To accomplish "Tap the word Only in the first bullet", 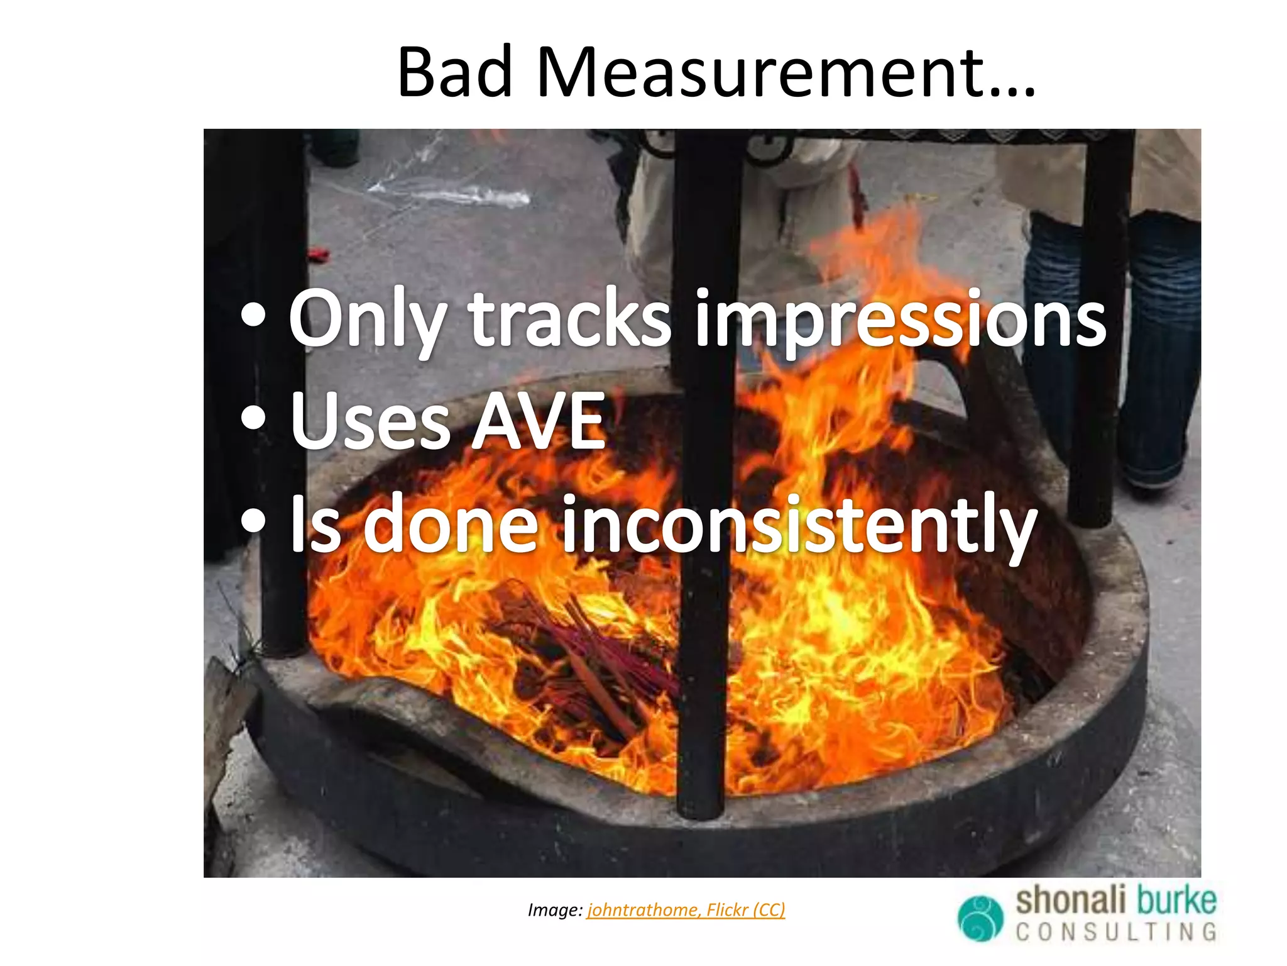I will [367, 319].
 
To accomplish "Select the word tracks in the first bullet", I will [569, 319].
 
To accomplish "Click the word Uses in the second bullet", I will [371, 420].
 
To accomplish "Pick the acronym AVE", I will [539, 420].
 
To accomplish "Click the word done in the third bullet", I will [450, 523].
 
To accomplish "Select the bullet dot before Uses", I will [253, 418].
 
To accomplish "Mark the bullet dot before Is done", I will [253, 521].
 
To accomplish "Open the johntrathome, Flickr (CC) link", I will [686, 910].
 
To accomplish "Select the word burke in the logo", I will [1175, 901].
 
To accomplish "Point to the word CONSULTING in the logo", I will [1116, 932].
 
